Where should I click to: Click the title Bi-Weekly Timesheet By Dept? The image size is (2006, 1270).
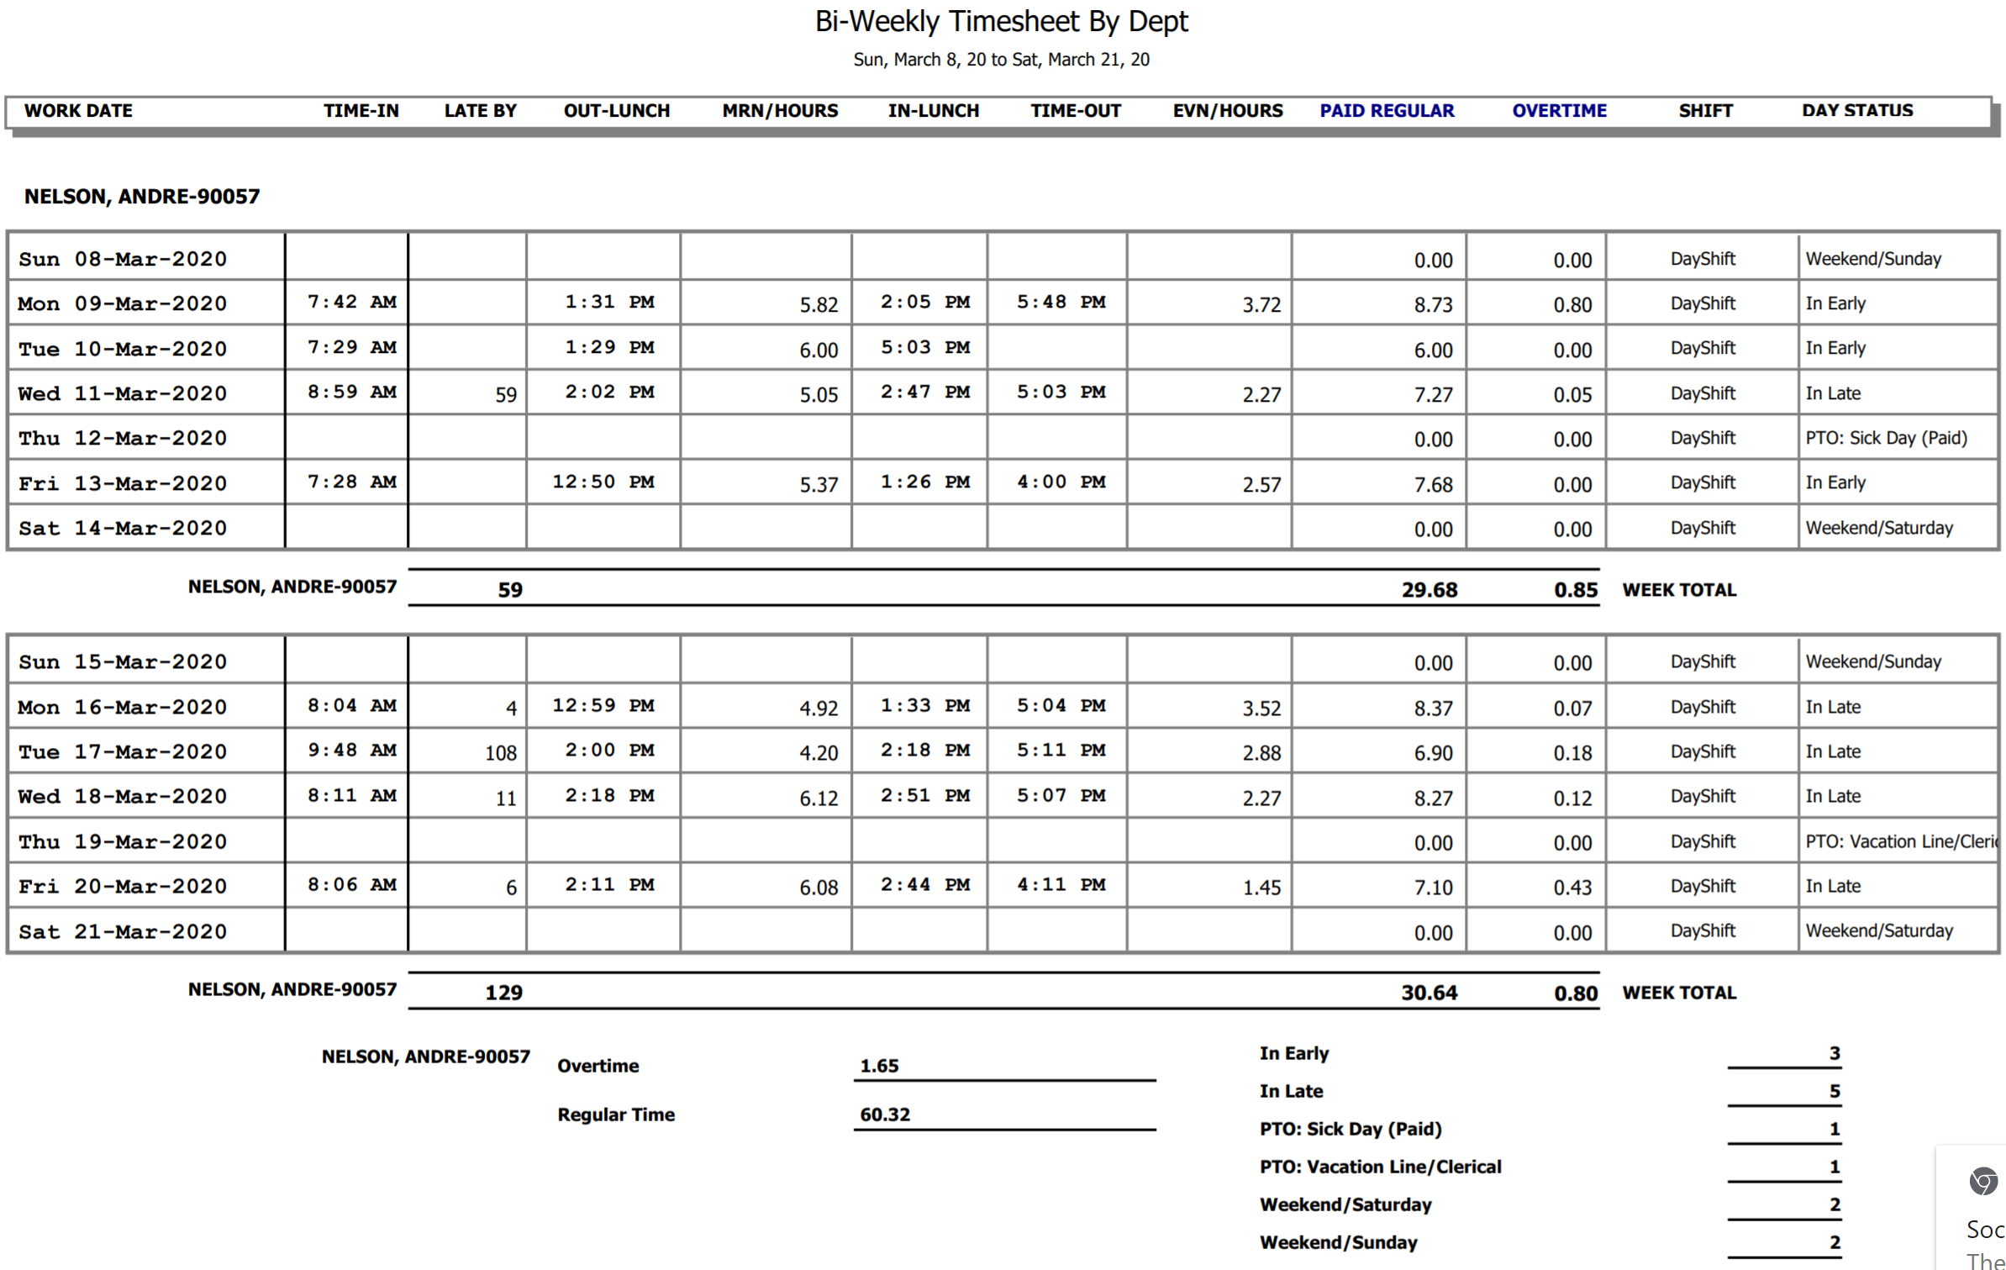pos(1001,22)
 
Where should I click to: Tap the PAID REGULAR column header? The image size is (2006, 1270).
pos(1386,111)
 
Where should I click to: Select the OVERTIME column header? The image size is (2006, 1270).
pos(1559,111)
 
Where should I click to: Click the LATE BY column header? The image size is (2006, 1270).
pos(480,111)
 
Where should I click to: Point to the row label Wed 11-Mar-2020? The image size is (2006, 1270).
pos(123,393)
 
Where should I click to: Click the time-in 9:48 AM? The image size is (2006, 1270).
pos(351,751)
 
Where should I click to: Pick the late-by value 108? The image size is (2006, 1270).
pos(501,753)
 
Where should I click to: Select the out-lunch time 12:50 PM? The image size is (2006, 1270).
pos(603,482)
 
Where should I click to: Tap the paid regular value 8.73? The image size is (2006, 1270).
pos(1433,305)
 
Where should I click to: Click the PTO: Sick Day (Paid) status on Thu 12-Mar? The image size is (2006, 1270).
pos(1886,439)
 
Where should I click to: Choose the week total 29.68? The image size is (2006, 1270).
pos(1429,590)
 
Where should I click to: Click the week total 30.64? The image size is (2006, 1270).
pos(1429,993)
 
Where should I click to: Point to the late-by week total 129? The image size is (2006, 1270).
pos(503,993)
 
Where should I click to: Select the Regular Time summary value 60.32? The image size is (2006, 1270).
pos(885,1115)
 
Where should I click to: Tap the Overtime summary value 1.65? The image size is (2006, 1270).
pos(879,1066)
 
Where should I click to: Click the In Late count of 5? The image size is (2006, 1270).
pos(1835,1091)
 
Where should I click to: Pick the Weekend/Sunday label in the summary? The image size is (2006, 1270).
pos(1338,1242)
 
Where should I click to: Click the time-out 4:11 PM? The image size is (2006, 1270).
pos(1061,885)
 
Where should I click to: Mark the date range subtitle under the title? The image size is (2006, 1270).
pos(1001,60)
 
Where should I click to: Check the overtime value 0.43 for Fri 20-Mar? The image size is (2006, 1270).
pos(1572,888)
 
